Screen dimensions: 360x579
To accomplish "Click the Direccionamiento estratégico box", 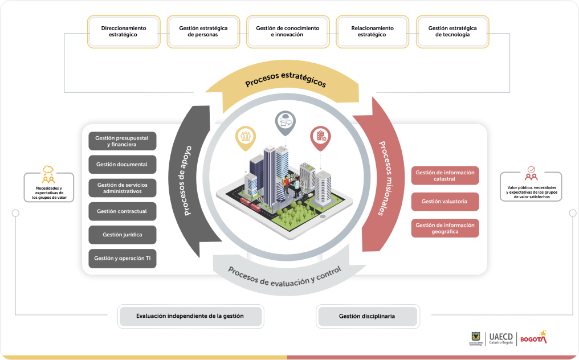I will pyautogui.click(x=124, y=31).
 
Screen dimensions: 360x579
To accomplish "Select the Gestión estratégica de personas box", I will pyautogui.click(x=202, y=31).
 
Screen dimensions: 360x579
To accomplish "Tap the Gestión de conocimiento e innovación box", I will pyautogui.click(x=287, y=31).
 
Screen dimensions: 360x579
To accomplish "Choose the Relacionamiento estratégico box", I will pyautogui.click(x=372, y=31).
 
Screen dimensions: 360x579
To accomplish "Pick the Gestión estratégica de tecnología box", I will pyautogui.click(x=452, y=31).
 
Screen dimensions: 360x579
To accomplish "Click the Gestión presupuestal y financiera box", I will pyautogui.click(x=123, y=141).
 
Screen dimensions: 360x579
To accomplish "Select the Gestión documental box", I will pyautogui.click(x=123, y=165).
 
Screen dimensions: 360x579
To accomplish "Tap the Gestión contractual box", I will pyautogui.click(x=123, y=211).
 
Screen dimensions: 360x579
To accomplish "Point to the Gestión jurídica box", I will pyautogui.click(x=123, y=235).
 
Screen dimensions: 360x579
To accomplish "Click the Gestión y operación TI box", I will pyautogui.click(x=123, y=258).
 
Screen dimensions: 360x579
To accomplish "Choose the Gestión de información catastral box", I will pyautogui.click(x=445, y=175).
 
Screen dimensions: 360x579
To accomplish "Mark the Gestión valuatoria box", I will pyautogui.click(x=445, y=202).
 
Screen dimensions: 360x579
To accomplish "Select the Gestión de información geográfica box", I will pyautogui.click(x=445, y=228).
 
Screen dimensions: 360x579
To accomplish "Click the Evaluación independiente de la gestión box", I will pyautogui.click(x=190, y=316).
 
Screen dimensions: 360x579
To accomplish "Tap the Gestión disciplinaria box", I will pyautogui.click(x=368, y=316).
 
